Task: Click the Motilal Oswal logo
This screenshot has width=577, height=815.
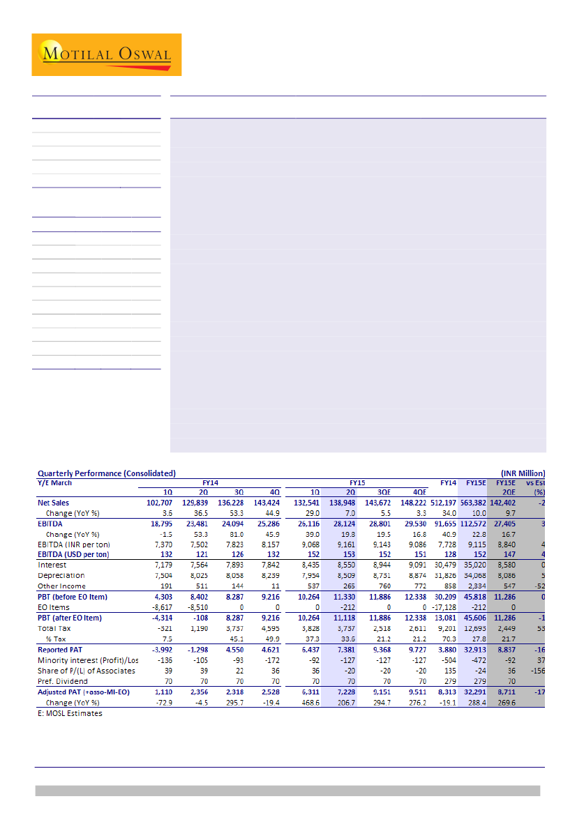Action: pos(106,54)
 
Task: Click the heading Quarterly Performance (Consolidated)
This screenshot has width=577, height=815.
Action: pos(106,473)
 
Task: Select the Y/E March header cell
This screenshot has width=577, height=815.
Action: pos(54,482)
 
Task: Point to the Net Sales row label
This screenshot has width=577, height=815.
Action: pos(53,503)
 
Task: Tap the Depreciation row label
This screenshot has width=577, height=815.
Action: pos(61,576)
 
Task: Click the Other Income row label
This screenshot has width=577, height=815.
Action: pos(61,586)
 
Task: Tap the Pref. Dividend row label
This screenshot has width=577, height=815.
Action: pos(63,681)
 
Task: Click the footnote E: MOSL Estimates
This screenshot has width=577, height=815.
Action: pos(70,713)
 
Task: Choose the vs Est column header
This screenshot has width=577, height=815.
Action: pos(536,482)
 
